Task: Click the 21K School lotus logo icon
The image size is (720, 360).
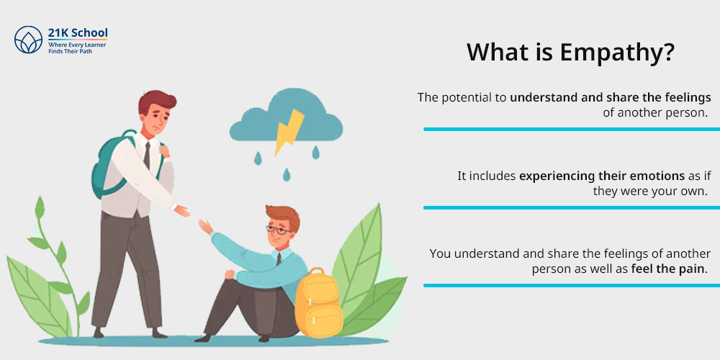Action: tap(29, 40)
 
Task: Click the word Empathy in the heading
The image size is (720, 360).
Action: tap(617, 53)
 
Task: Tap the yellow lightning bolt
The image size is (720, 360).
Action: tap(289, 132)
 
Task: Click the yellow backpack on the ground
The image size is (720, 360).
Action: tap(318, 302)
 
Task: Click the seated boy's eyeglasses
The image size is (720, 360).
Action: tap(277, 230)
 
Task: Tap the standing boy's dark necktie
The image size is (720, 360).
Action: tap(146, 156)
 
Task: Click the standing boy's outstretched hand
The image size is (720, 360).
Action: tap(182, 211)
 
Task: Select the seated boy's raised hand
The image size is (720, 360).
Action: tap(205, 227)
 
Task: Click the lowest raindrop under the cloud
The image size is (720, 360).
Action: tap(287, 174)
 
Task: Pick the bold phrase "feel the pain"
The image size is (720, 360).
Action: tap(667, 269)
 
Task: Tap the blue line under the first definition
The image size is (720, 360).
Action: tap(572, 130)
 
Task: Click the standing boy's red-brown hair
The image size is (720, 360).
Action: tap(158, 102)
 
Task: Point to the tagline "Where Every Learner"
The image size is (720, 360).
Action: tap(77, 45)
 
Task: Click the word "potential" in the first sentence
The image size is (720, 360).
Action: tap(466, 98)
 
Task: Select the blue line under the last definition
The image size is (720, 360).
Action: tap(572, 286)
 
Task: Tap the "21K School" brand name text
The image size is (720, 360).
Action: tap(78, 32)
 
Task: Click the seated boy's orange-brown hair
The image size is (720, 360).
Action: tap(283, 217)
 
